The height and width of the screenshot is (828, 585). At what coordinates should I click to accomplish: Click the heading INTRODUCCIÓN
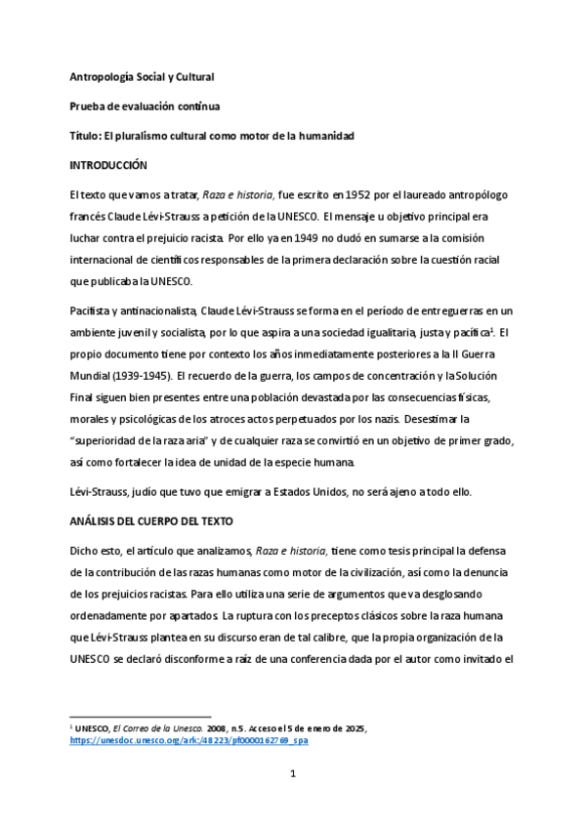pos(108,166)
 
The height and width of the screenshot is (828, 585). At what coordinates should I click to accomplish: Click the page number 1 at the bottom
pos(292,802)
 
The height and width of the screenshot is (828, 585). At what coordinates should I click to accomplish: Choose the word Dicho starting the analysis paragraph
pos(85,553)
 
